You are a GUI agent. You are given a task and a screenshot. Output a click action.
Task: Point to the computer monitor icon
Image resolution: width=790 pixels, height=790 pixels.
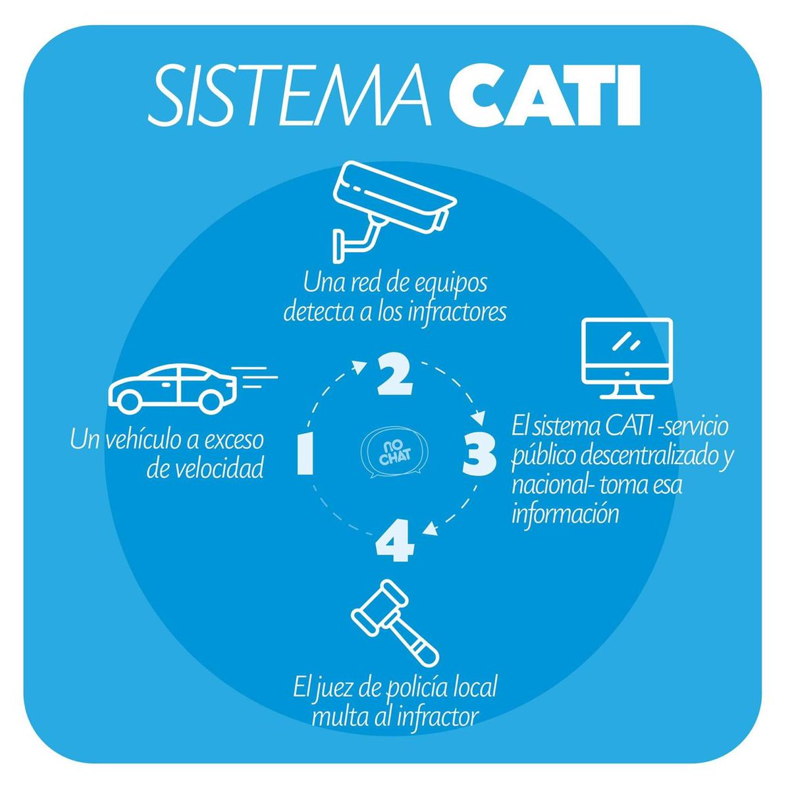tap(627, 358)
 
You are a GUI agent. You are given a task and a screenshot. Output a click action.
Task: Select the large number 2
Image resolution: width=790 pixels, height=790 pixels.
tap(394, 375)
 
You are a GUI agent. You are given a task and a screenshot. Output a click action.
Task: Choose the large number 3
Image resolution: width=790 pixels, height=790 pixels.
tap(479, 455)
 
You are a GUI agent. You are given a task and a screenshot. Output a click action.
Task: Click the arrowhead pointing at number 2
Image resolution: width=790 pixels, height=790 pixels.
tap(361, 366)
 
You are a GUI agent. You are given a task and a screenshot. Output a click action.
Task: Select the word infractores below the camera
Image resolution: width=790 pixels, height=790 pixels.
tap(458, 313)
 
